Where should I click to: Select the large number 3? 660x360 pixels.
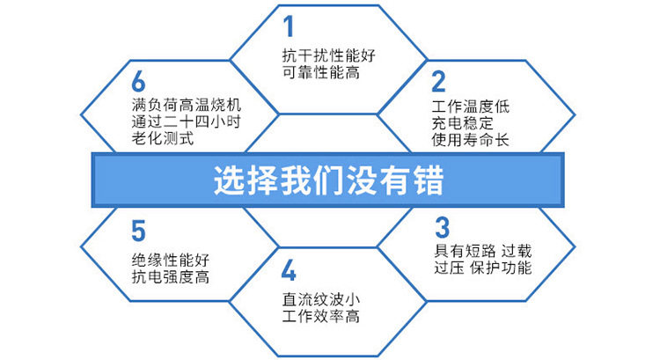442,227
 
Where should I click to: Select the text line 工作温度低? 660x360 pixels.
471,107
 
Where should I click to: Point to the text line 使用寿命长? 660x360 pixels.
471,139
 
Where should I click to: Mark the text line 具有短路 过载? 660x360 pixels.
483,251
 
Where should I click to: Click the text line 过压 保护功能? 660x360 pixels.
483,268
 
